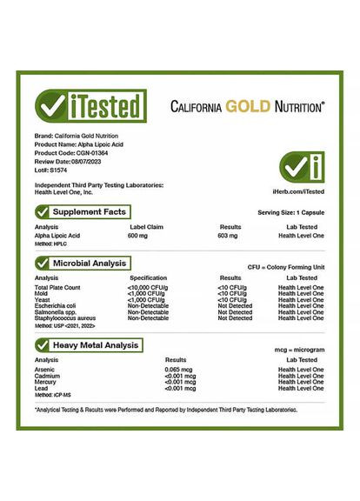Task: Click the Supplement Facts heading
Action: click(89, 211)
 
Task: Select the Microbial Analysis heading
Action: click(90, 263)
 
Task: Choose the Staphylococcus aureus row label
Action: click(66, 318)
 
